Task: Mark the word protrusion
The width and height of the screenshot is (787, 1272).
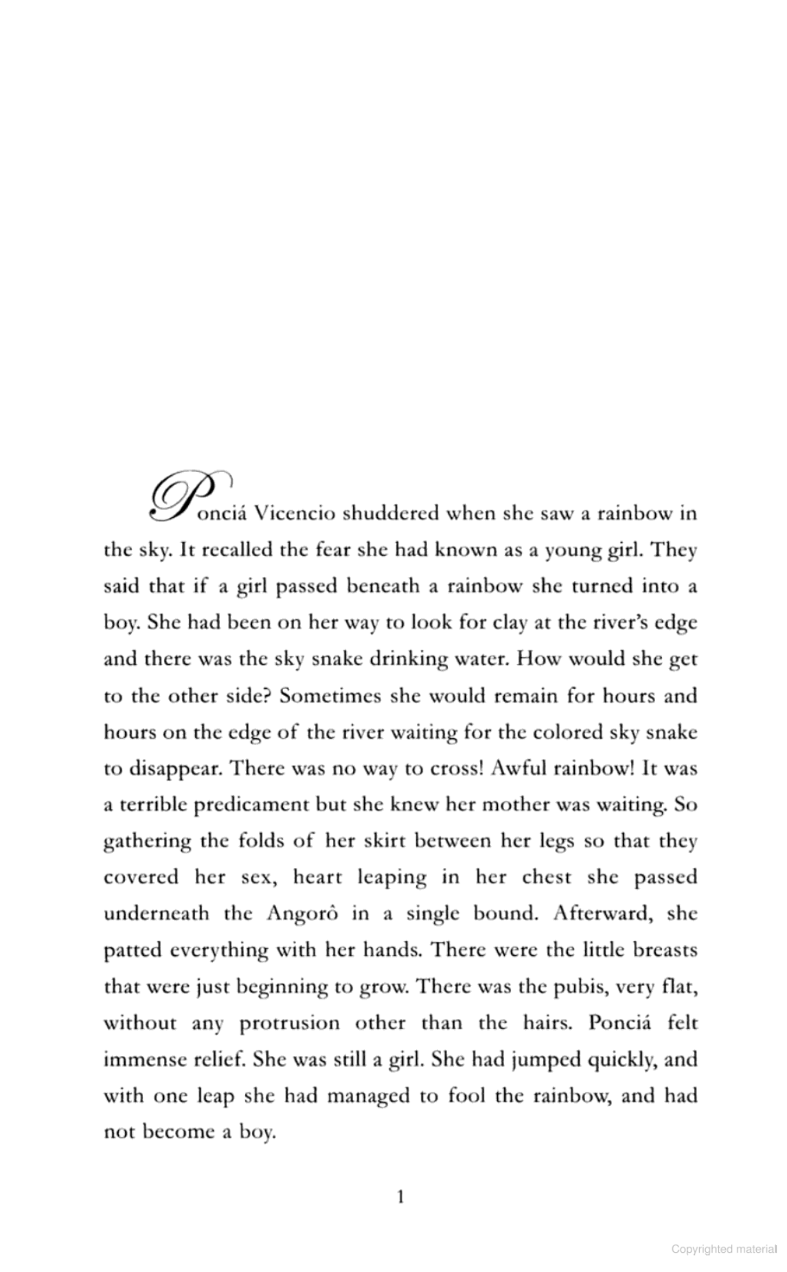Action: click(x=289, y=1023)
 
